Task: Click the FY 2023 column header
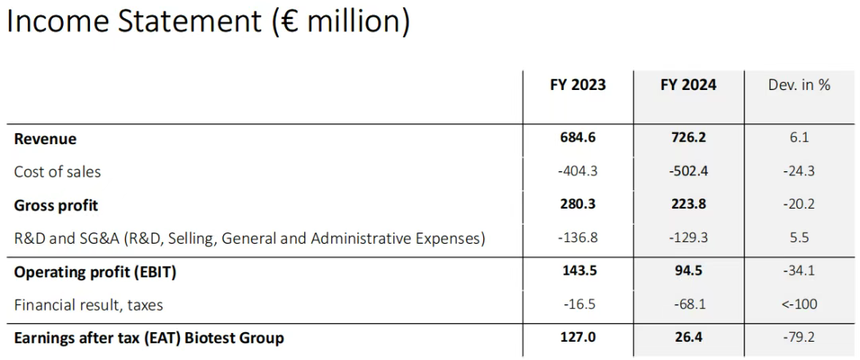(x=577, y=84)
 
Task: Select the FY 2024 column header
(x=688, y=84)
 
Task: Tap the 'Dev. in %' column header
(x=799, y=84)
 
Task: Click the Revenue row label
(x=45, y=139)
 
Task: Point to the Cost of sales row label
(x=57, y=171)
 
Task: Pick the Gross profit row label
(x=56, y=205)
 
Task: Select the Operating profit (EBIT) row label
(x=95, y=272)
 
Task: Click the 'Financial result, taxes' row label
(x=88, y=304)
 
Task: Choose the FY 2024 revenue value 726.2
(x=688, y=137)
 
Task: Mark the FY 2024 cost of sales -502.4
(x=688, y=170)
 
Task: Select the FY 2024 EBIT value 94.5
(x=688, y=271)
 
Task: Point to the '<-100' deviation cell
(x=799, y=304)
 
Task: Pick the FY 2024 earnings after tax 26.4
(x=688, y=337)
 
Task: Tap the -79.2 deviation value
(x=799, y=337)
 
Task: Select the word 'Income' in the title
(x=56, y=22)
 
